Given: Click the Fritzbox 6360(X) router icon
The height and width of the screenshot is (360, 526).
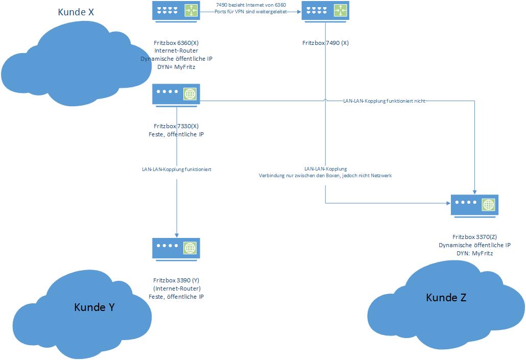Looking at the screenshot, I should pyautogui.click(x=176, y=11).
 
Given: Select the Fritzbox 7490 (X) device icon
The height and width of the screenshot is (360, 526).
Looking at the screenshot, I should pyautogui.click(x=325, y=11).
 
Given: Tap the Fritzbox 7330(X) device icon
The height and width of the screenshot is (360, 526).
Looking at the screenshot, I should pyautogui.click(x=176, y=95).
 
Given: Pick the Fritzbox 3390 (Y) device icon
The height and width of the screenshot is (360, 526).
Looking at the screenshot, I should pyautogui.click(x=176, y=249).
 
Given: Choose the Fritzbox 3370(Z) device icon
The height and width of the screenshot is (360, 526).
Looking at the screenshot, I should pyautogui.click(x=475, y=205).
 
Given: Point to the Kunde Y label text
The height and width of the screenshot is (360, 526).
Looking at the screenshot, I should pyautogui.click(x=94, y=307).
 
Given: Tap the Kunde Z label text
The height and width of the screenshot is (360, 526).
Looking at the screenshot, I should pyautogui.click(x=446, y=297).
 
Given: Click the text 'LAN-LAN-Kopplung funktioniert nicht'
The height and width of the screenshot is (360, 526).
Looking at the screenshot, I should pyautogui.click(x=384, y=101).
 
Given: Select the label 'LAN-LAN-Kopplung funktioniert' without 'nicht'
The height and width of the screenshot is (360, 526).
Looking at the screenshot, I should pyautogui.click(x=177, y=169).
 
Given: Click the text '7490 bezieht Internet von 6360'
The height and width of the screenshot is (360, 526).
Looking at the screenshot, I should pyautogui.click(x=251, y=5).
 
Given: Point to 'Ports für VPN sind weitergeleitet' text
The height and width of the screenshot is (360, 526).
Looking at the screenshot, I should pyautogui.click(x=251, y=11).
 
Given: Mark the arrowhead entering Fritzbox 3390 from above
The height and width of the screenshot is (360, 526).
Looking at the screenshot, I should pyautogui.click(x=176, y=235).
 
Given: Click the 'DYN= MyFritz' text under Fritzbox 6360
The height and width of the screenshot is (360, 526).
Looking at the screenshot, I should pyautogui.click(x=176, y=66).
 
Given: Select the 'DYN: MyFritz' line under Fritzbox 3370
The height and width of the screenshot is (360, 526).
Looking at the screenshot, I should pyautogui.click(x=475, y=253).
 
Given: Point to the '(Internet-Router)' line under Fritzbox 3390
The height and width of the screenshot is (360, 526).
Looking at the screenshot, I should pyautogui.click(x=176, y=289).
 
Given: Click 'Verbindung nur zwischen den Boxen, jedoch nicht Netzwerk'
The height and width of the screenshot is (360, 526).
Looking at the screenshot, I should pyautogui.click(x=325, y=175).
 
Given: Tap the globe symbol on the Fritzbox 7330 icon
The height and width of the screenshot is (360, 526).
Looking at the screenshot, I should pyautogui.click(x=190, y=94).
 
